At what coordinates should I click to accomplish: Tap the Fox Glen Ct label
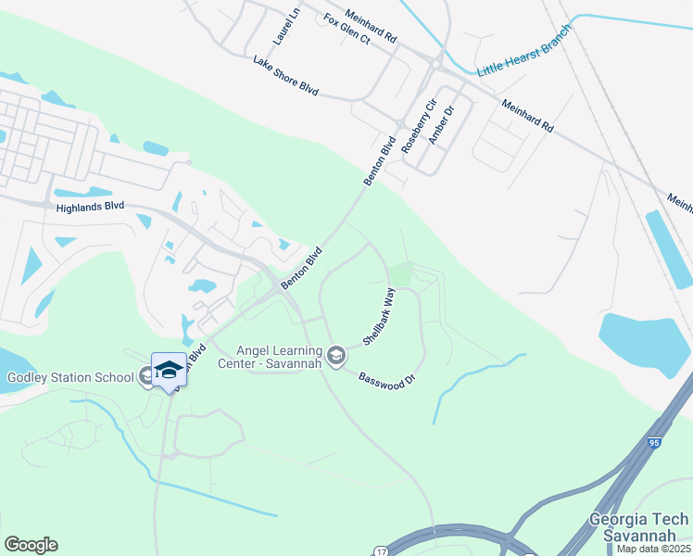[346, 30]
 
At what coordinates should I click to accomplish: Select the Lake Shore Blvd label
[285, 76]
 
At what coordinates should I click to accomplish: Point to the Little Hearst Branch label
[524, 58]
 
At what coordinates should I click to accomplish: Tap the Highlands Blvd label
[89, 208]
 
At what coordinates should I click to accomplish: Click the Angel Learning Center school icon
[337, 355]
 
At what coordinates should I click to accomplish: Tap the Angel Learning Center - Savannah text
[279, 356]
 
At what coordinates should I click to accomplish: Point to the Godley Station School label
[69, 377]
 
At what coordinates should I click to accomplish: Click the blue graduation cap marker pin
[169, 370]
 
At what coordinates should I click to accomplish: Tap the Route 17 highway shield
[381, 550]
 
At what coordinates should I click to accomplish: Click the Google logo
[31, 545]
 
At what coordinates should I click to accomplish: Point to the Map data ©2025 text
[653, 549]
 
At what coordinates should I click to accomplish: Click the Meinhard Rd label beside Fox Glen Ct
[370, 27]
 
